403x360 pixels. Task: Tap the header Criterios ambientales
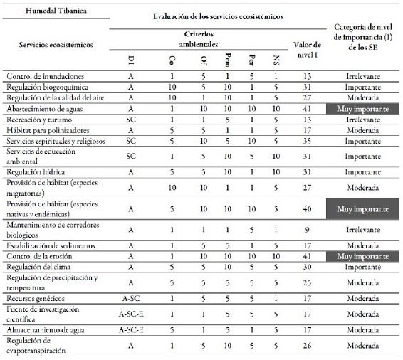click(x=212, y=38)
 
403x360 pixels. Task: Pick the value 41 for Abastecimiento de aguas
click(x=307, y=110)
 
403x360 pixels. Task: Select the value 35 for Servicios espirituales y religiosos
click(x=307, y=142)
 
